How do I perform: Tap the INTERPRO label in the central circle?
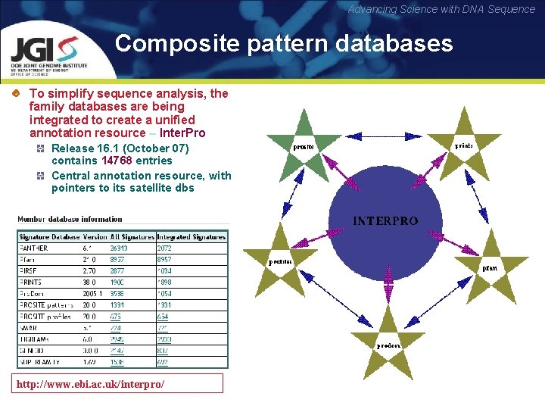[385, 221]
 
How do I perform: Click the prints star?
[462, 141]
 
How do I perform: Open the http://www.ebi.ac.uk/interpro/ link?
[120, 384]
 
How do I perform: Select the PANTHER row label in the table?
[34, 248]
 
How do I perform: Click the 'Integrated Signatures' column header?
[191, 237]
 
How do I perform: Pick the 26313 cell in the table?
[119, 248]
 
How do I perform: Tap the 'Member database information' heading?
[64, 220]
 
